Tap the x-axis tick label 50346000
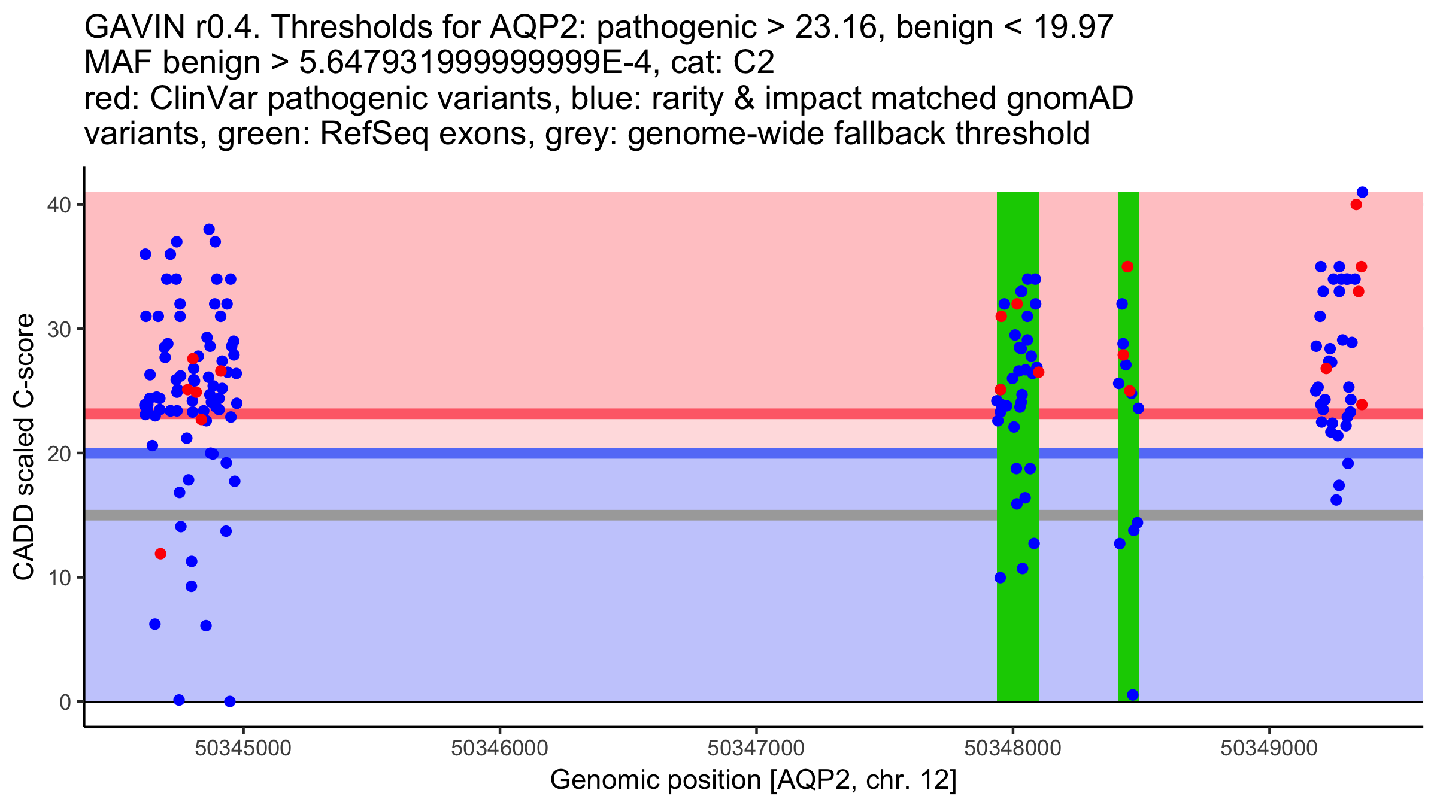pos(499,748)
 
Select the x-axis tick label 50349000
pos(1269,748)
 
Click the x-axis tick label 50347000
pos(756,748)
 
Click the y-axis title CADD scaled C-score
pos(24,448)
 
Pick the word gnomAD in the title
pos(1069,99)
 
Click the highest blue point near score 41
pos(1362,192)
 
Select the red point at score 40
pos(1356,205)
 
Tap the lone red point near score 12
pos(160,554)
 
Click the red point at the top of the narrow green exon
pos(1127,266)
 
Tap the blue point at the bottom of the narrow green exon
pos(1133,695)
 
